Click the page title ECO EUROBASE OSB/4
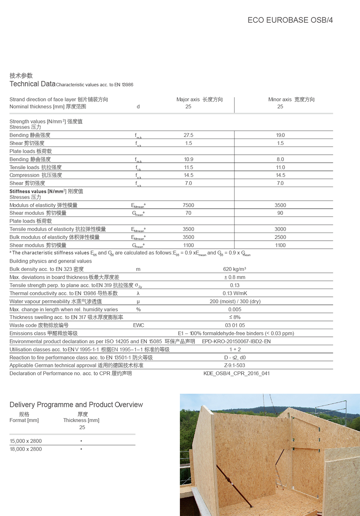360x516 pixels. tap(290, 20)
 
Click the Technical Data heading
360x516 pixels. tap(32, 84)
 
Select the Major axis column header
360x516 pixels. tap(199, 99)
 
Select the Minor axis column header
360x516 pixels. tap(291, 99)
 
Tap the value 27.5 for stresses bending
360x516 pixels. tap(188, 135)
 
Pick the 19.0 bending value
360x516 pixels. tap(280, 135)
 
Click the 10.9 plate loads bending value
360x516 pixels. tap(188, 159)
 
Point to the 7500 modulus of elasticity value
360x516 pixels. tap(188, 205)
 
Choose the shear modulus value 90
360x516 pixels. tap(280, 213)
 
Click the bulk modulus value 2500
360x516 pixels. tap(280, 237)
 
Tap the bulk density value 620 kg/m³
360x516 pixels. tap(234, 269)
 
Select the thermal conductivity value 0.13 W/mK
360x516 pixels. tap(235, 293)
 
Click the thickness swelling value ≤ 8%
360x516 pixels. tap(235, 317)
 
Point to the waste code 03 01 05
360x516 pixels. tap(235, 325)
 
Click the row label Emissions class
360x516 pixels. tap(43, 334)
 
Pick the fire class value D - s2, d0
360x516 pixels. tap(235, 358)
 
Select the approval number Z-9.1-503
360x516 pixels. tap(235, 366)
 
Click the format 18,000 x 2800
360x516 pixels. tap(26, 449)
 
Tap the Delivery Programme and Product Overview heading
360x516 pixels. tap(76, 405)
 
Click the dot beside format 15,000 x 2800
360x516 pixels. tap(81, 441)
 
